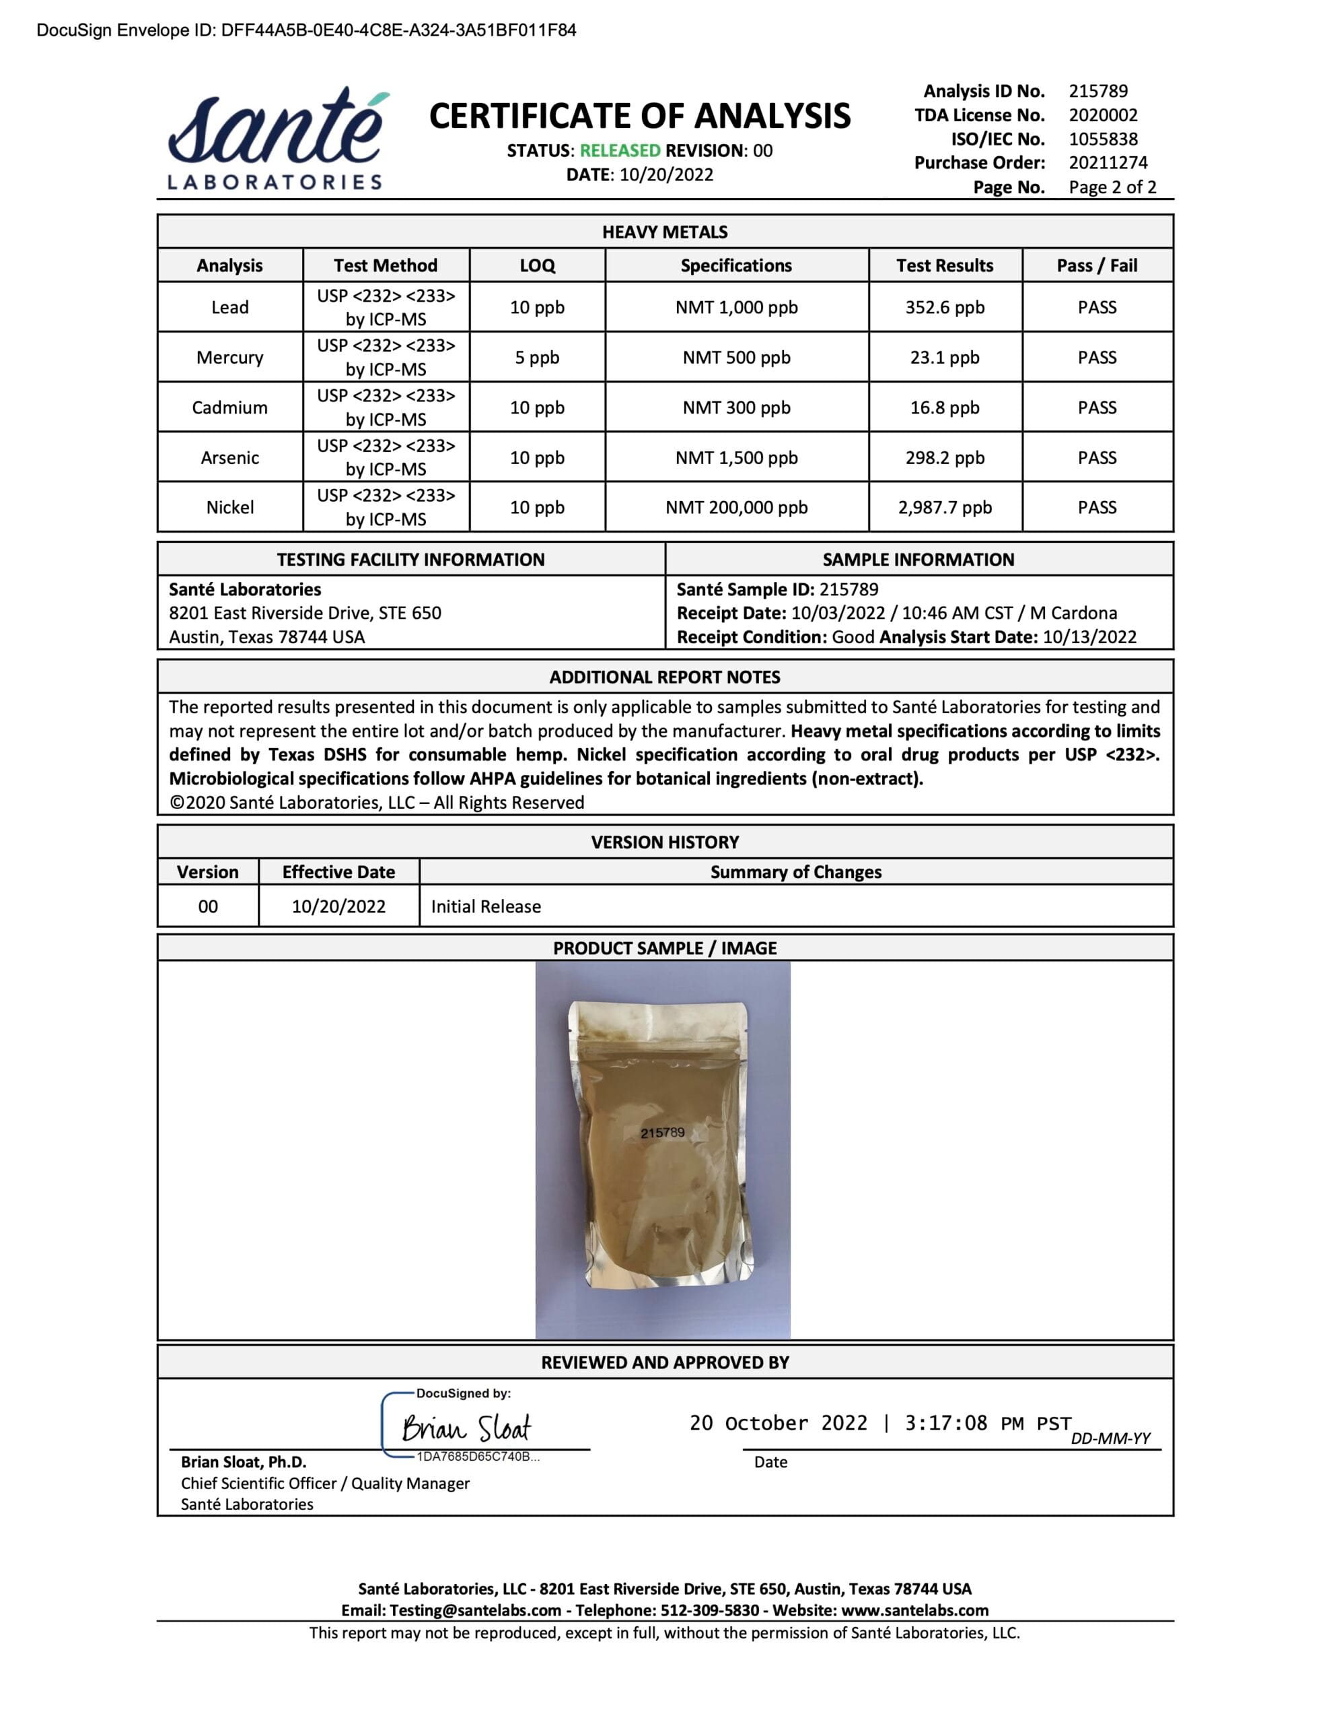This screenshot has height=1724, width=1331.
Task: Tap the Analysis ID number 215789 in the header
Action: [x=1098, y=91]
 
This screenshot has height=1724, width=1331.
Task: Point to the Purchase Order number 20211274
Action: [x=1108, y=162]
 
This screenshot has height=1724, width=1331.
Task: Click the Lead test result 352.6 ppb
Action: [x=944, y=307]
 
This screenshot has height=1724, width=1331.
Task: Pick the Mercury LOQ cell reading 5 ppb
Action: [x=536, y=358]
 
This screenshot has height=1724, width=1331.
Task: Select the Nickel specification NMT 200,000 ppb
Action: [x=736, y=508]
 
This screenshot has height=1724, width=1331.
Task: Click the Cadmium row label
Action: [x=229, y=407]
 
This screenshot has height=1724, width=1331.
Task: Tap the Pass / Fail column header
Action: [x=1097, y=265]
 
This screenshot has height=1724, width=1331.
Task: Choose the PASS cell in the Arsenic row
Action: [x=1097, y=458]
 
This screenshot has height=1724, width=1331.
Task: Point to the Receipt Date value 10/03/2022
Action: [x=838, y=614]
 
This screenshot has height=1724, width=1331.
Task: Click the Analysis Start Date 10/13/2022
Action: [x=1089, y=637]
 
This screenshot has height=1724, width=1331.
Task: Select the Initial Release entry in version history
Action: [x=485, y=906]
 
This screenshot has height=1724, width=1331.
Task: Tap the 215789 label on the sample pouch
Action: [x=662, y=1133]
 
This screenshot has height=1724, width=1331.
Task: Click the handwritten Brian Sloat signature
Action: [x=466, y=1428]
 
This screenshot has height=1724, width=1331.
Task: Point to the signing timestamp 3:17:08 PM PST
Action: [x=987, y=1423]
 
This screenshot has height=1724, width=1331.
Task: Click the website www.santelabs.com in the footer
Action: [x=914, y=1610]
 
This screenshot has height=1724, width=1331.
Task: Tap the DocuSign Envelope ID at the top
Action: [x=306, y=30]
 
